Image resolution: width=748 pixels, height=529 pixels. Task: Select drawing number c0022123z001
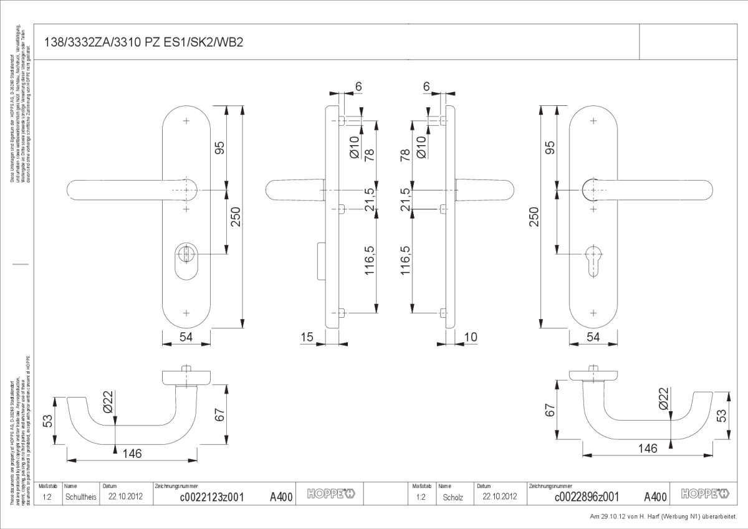[x=211, y=497]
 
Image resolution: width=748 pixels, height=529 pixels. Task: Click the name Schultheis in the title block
[x=80, y=497]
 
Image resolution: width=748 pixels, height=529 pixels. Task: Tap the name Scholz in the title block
[x=453, y=497]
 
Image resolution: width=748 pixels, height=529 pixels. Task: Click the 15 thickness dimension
[x=306, y=337]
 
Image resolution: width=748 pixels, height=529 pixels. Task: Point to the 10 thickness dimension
[x=471, y=337]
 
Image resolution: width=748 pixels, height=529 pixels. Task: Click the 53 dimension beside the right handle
[x=722, y=415]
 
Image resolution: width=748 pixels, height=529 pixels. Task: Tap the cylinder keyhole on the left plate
[x=186, y=255]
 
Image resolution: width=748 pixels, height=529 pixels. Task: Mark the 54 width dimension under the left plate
[x=186, y=337]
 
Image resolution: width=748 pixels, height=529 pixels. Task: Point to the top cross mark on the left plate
[x=186, y=121]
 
